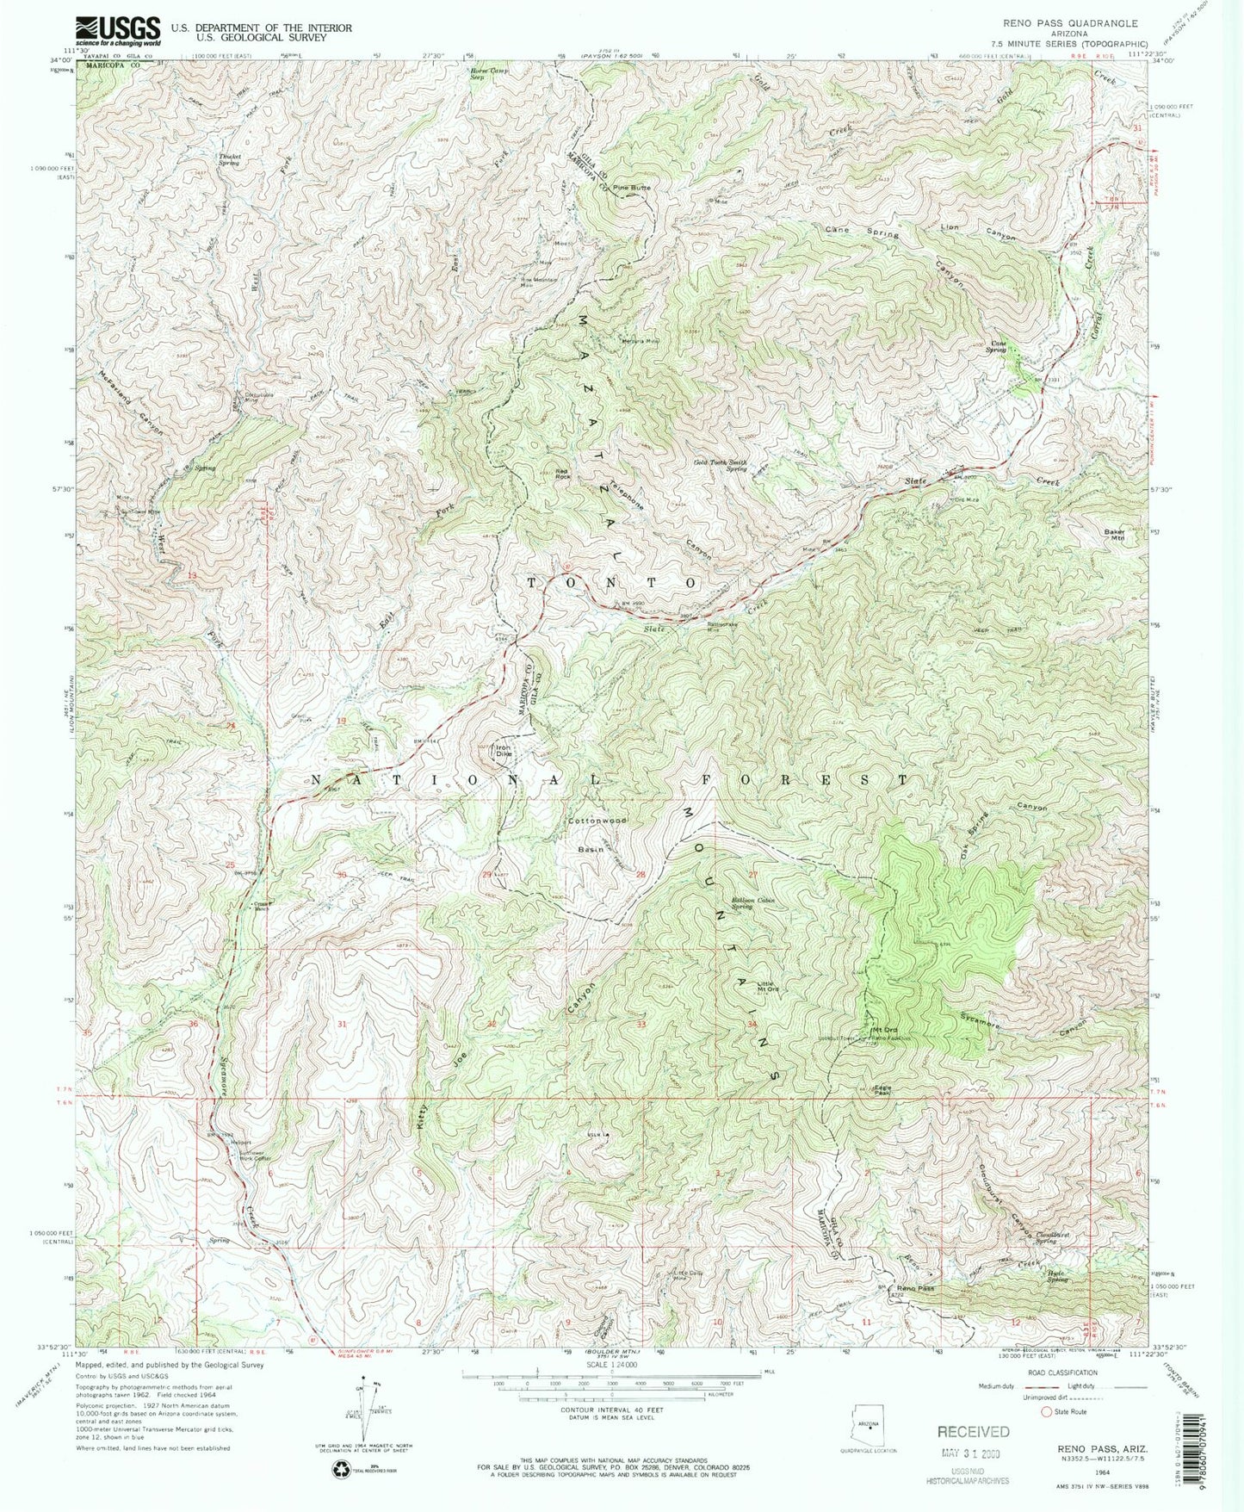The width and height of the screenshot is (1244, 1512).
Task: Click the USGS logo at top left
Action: tap(118, 31)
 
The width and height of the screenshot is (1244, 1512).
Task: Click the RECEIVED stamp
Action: tap(973, 1431)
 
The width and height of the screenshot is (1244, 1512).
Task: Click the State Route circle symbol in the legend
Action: tap(1047, 1412)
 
